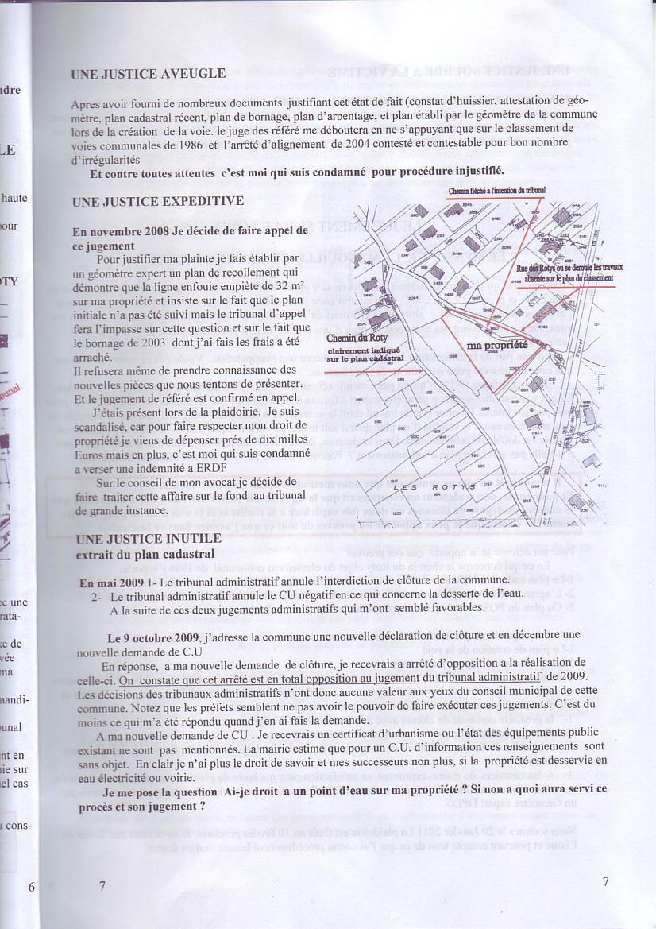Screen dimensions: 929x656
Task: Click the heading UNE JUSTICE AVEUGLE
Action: point(149,74)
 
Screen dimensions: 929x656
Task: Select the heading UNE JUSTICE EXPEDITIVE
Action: point(158,202)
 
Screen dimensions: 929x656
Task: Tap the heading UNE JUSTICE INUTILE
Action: point(145,540)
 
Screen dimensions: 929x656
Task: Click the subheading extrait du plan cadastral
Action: point(150,554)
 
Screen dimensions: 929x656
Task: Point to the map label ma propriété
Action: point(497,346)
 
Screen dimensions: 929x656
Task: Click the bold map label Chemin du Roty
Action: point(352,337)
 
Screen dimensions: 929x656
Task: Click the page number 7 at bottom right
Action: point(605,881)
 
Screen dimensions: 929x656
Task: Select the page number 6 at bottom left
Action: point(31,887)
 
